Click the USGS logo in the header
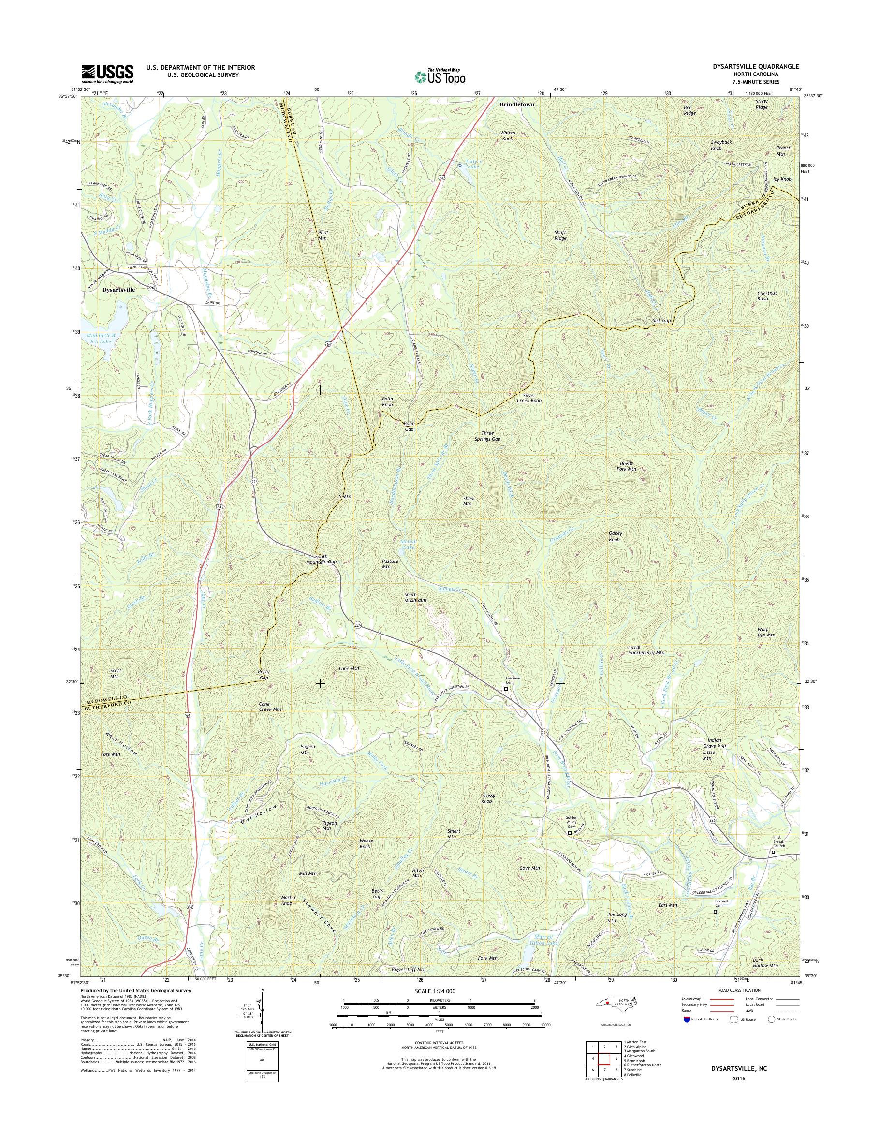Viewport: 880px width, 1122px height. (x=107, y=74)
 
